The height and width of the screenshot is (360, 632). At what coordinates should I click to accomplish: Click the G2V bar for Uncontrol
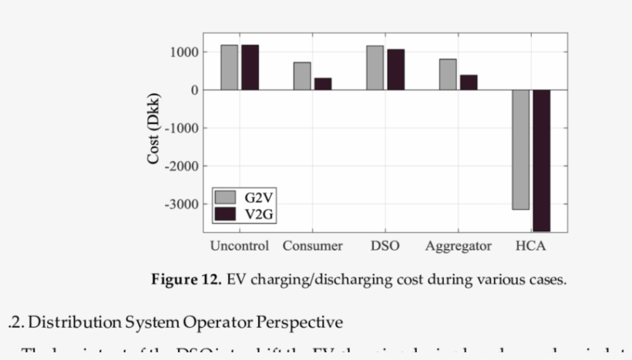tap(229, 67)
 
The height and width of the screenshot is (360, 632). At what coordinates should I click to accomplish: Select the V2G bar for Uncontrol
tap(250, 67)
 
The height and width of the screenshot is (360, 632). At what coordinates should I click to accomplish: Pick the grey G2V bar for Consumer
tap(302, 76)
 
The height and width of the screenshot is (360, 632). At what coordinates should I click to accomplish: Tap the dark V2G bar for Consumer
tap(323, 83)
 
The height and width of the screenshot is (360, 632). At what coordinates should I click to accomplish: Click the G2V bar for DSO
tap(375, 68)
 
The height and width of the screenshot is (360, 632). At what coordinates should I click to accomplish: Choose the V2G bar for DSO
tap(395, 69)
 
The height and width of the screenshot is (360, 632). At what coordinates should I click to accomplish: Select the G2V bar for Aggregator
tap(448, 74)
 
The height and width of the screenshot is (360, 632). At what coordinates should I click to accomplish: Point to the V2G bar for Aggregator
tap(469, 82)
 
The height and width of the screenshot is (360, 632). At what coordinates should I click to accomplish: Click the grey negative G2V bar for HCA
tap(521, 150)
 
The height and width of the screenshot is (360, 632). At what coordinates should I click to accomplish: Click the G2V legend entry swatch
tap(226, 197)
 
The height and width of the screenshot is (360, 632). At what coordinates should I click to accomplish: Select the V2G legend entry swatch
tap(226, 213)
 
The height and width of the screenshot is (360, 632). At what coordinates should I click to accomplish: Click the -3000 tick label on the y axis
tap(183, 204)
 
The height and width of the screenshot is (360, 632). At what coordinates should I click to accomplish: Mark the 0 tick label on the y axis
tap(195, 90)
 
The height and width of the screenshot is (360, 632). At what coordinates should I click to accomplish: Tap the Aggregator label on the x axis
tap(458, 247)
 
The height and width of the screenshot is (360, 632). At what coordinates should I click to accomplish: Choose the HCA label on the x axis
tap(531, 247)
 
